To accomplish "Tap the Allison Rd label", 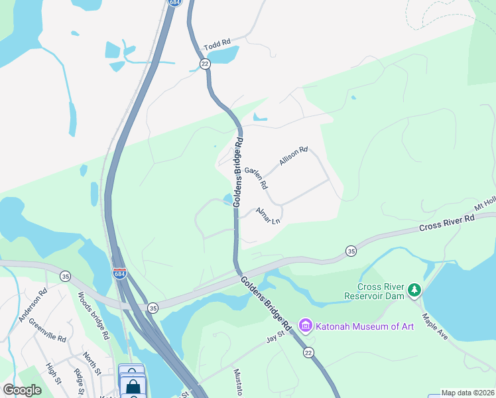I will [294, 157].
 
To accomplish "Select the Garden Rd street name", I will [256, 177].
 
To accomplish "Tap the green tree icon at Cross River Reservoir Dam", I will [414, 289].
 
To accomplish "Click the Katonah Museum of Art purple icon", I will [306, 325].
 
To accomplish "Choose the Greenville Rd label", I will [51, 329].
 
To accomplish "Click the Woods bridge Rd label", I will [93, 316].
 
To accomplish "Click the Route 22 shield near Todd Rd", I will [205, 63].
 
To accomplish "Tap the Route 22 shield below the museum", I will [308, 353].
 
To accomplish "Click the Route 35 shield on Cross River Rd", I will [350, 251].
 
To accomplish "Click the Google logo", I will [22, 389].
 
